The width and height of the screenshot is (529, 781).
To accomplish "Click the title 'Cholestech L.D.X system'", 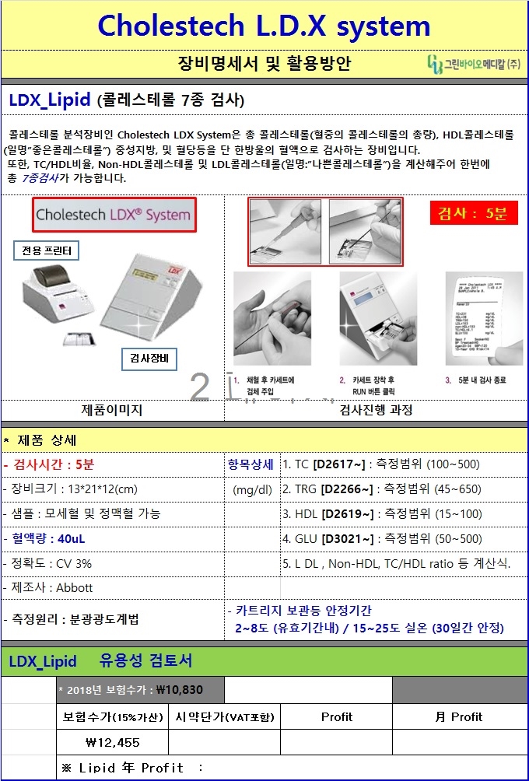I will click(x=264, y=26).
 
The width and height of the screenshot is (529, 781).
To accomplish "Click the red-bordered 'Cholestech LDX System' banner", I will click(x=114, y=215).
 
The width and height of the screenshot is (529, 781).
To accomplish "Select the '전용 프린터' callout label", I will click(x=47, y=250).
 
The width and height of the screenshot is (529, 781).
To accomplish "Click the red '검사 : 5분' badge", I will click(x=473, y=213).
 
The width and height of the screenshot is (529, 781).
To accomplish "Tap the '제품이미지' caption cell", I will click(x=112, y=410).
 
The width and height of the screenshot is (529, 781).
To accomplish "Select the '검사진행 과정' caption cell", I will click(x=376, y=410).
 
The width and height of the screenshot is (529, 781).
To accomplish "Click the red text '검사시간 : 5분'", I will click(x=51, y=465).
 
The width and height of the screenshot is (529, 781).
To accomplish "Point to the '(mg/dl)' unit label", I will click(x=253, y=489).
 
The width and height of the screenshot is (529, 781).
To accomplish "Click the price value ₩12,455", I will click(x=114, y=742).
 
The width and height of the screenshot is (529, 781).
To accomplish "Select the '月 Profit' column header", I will click(x=459, y=716).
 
